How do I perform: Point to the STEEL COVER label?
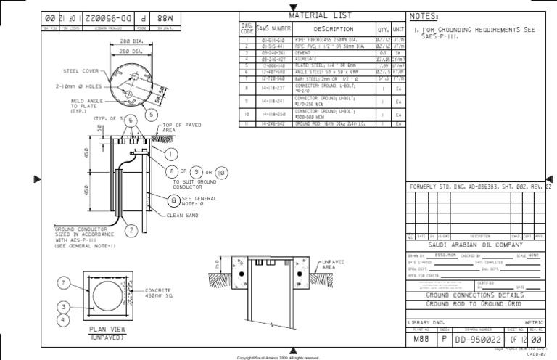pyautogui.click(x=82, y=71)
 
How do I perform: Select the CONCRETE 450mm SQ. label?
pyautogui.click(x=161, y=292)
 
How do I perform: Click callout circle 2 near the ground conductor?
pyautogui.click(x=132, y=230)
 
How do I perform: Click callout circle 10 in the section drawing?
pyautogui.click(x=221, y=172)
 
